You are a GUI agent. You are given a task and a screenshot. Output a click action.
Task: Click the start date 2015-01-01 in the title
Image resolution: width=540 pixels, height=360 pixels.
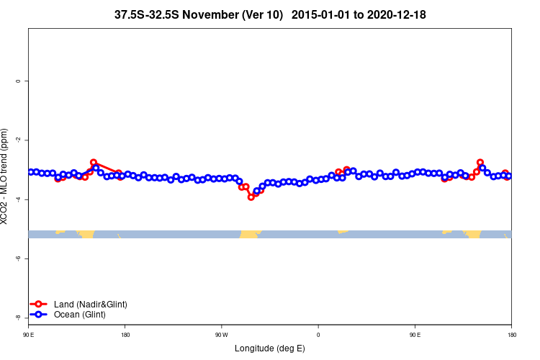click(x=324, y=14)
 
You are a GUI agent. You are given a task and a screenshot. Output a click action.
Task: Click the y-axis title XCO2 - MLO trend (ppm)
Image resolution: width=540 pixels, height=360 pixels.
click(x=5, y=176)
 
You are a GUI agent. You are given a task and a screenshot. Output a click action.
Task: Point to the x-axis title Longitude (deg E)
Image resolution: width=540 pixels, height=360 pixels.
click(x=270, y=348)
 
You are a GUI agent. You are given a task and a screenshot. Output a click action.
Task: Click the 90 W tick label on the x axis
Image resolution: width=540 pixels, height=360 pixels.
click(x=221, y=335)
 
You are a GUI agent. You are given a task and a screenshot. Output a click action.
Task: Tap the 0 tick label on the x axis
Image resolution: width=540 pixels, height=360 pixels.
click(x=318, y=335)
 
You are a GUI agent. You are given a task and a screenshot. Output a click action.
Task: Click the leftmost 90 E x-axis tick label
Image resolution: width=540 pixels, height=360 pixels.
click(x=29, y=335)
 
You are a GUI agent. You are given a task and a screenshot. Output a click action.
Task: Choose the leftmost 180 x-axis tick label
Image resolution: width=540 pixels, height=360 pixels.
click(x=125, y=335)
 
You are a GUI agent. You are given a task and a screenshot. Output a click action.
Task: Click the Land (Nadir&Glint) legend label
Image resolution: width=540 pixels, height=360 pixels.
click(x=90, y=305)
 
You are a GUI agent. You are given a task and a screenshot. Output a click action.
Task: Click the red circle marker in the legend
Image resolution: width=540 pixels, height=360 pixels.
click(x=40, y=305)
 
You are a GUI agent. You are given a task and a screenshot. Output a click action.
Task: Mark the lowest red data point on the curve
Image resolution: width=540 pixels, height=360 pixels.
click(x=251, y=197)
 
